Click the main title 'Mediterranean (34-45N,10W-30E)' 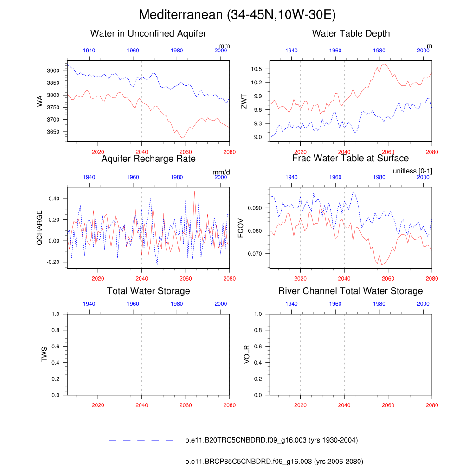[x=237, y=15]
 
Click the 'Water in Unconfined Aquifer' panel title [x=148, y=33]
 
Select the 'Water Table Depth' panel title [x=351, y=33]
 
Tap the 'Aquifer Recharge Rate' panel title [x=148, y=159]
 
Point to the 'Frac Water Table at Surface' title [x=351, y=159]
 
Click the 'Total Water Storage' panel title [x=148, y=291]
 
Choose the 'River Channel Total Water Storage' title [x=351, y=291]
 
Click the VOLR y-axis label [x=247, y=354]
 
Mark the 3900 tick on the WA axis [x=53, y=71]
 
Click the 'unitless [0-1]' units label [x=412, y=172]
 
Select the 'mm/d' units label [x=221, y=172]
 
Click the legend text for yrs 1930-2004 [x=271, y=440]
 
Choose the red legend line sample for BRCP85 [x=144, y=462]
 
